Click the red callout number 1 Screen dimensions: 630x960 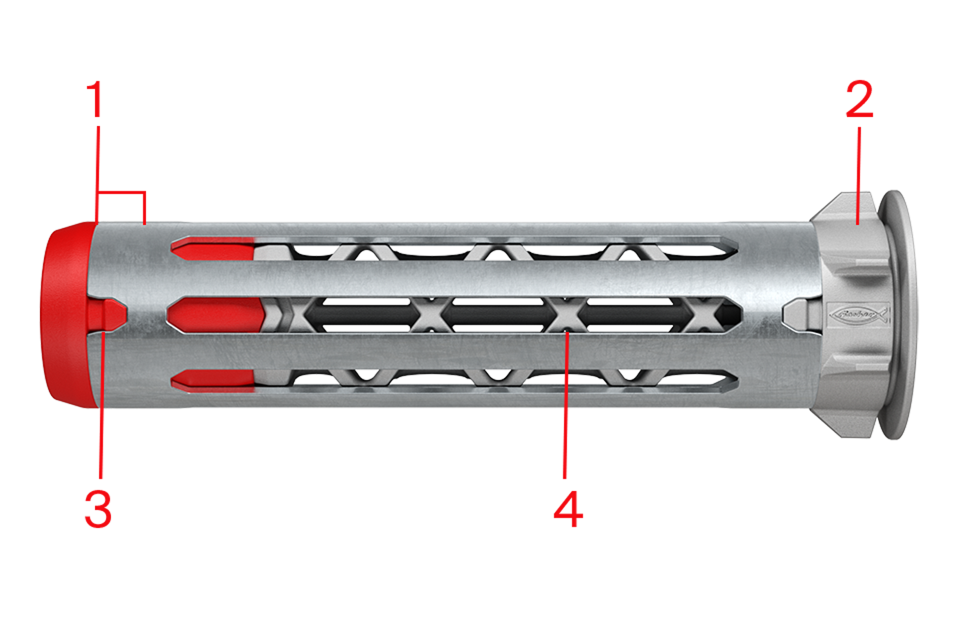click(x=97, y=99)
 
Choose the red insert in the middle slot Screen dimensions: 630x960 click(x=216, y=314)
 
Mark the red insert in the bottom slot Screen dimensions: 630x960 click(x=213, y=381)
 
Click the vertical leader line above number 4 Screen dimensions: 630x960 click(x=565, y=414)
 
